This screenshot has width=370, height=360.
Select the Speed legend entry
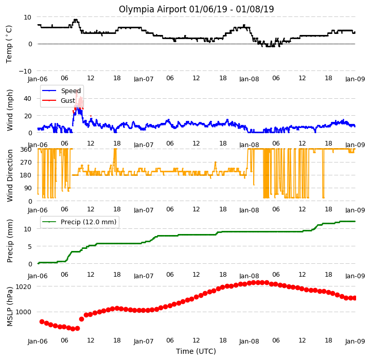tap(61, 91)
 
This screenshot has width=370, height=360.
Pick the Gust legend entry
tap(59, 101)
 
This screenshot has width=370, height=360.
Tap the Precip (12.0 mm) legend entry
tap(79, 222)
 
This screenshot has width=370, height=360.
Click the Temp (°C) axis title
tap(9, 44)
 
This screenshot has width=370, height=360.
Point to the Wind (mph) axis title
tap(10, 111)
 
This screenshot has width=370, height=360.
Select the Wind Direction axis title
tap(10, 176)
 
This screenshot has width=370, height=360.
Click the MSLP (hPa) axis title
tap(10, 307)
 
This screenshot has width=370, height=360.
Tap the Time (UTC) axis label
tap(196, 351)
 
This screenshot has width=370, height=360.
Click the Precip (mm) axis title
tap(10, 241)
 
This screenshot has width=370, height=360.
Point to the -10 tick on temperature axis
tap(25, 71)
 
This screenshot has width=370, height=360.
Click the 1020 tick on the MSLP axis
tap(23, 286)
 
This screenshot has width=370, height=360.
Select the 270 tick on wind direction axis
tap(26, 162)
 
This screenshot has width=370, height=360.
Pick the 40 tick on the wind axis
tap(28, 99)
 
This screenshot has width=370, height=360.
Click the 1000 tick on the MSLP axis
tap(23, 312)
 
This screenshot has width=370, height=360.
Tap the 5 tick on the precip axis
tap(30, 247)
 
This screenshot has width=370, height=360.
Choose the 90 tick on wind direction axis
tap(28, 188)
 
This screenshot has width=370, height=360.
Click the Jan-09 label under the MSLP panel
tap(355, 341)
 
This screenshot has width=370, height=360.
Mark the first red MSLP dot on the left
tap(42, 321)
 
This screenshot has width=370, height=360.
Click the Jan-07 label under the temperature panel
tap(144, 79)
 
